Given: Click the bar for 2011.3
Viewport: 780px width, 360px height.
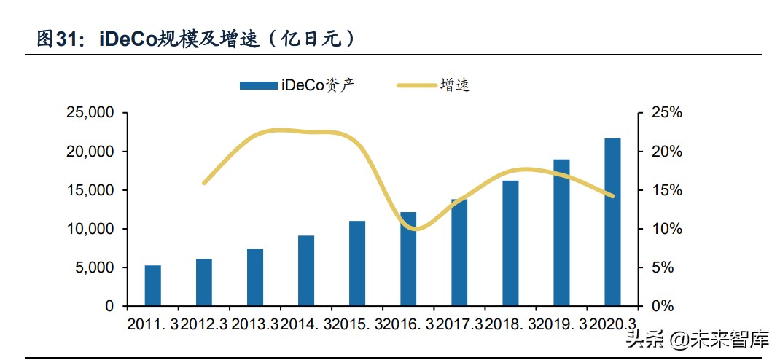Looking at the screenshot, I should [x=152, y=286].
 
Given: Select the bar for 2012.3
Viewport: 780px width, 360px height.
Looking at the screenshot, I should [x=203, y=283].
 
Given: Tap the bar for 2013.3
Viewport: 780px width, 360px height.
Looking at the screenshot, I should [x=254, y=278].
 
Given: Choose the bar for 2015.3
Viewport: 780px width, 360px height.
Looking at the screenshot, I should [x=356, y=264].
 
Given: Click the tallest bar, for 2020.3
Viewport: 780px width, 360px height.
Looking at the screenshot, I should [x=612, y=222].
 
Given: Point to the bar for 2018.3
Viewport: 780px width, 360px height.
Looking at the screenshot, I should [x=510, y=243].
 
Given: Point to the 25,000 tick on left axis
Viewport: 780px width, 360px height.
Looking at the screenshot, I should [x=90, y=113].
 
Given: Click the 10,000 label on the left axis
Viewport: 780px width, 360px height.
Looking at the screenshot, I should [x=90, y=229].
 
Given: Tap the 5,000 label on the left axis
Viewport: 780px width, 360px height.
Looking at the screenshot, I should [x=93, y=267].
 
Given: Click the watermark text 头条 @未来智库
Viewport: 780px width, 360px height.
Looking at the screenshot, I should [x=699, y=339].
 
